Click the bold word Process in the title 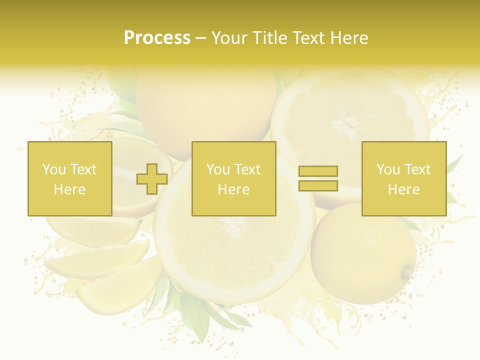click(157, 38)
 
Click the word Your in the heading click(230, 38)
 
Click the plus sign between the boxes click(152, 179)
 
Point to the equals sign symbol click(318, 178)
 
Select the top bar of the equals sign click(318, 171)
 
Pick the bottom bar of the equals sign click(318, 185)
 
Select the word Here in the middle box click(234, 189)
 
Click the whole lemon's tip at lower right click(407, 272)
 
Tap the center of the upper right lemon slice click(348, 125)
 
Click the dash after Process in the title click(201, 38)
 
